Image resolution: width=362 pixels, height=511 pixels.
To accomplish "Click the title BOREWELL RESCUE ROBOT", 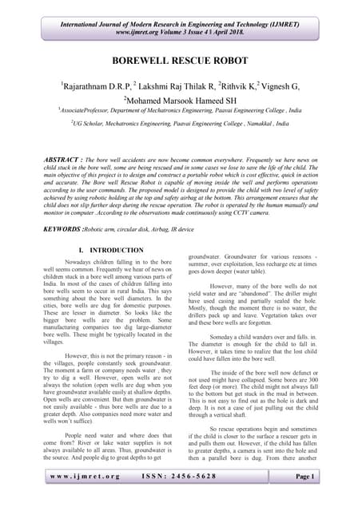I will pyautogui.click(x=181, y=60).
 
